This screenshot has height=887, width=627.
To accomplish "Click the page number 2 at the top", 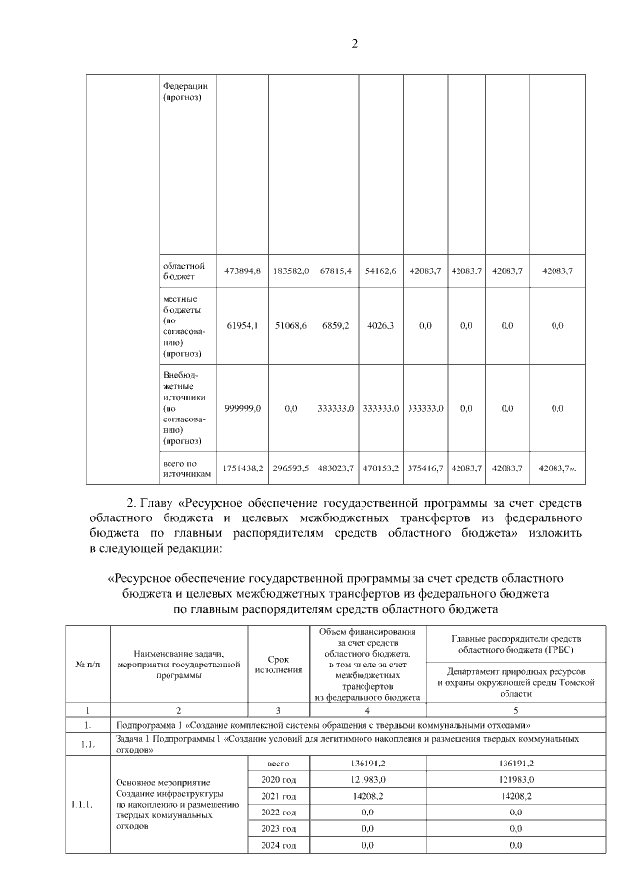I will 355,42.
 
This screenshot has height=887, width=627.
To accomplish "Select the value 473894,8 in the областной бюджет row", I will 242,270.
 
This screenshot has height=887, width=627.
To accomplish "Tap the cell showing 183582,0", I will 291,270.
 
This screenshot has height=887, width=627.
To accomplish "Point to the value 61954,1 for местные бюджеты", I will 242,325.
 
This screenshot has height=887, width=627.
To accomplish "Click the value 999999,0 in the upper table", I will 242,407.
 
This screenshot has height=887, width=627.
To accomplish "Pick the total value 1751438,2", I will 242,468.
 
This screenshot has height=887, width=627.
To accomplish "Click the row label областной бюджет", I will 182,270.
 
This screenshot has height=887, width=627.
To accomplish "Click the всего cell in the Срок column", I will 278,761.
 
